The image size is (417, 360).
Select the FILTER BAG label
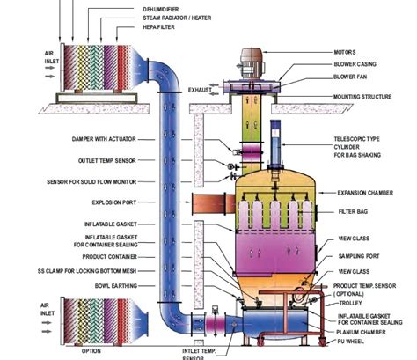coord(353,212)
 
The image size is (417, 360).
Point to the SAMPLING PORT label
coord(357,256)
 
